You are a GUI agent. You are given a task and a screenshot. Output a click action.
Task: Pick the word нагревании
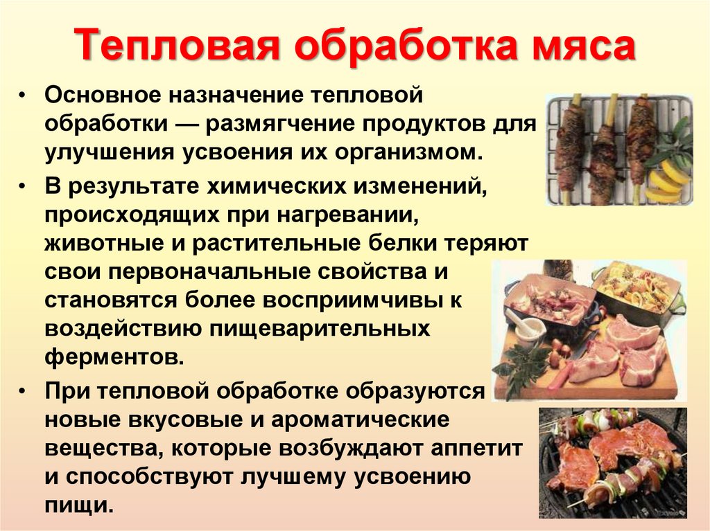[x=347, y=216]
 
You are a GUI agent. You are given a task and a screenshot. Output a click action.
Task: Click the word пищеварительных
[x=319, y=329]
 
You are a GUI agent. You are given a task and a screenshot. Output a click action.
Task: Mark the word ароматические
[x=361, y=420]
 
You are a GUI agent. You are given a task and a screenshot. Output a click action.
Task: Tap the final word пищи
[x=78, y=505]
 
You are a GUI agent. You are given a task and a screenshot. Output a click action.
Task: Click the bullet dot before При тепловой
[x=22, y=392]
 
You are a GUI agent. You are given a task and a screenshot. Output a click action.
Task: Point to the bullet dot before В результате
[x=22, y=187]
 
